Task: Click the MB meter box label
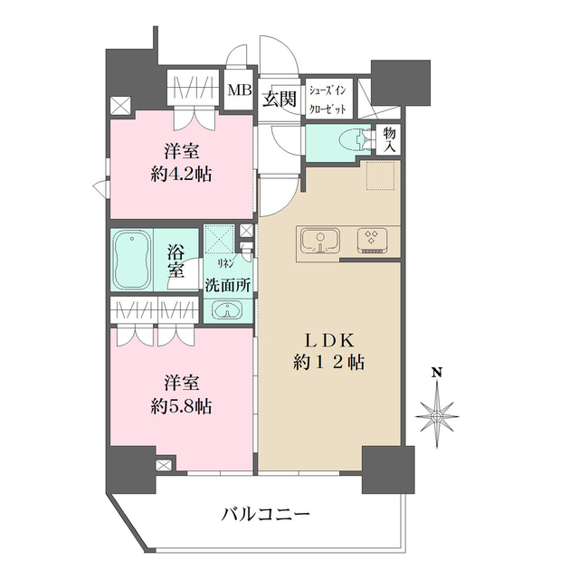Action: pos(240,90)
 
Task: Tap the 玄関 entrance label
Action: pos(280,100)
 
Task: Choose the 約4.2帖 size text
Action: pos(181,174)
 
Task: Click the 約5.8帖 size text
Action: pos(181,406)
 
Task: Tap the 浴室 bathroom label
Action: pos(176,259)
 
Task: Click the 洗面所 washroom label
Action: pos(228,282)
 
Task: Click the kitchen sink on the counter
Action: pos(318,241)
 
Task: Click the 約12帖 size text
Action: pos(331,363)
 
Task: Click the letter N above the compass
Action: pos(436,372)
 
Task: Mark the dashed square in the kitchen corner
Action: pos(382,175)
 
